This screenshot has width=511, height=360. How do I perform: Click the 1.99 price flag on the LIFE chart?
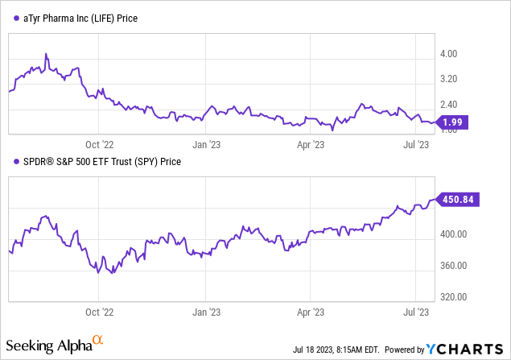pos(452,122)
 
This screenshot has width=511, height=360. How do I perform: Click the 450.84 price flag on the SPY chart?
pos(457,199)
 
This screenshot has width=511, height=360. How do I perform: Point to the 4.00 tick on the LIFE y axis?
pos(448,53)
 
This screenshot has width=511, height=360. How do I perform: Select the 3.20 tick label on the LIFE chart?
pos(448,79)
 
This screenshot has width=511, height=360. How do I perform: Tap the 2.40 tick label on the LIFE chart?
pos(448,105)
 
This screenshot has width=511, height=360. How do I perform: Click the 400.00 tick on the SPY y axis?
pos(453,234)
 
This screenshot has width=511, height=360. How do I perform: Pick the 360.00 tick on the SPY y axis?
pos(453,266)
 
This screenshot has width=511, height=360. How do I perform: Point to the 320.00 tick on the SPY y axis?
pos(453,296)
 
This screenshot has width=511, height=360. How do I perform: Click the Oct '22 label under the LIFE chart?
pos(100,144)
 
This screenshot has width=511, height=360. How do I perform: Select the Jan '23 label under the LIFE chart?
pos(206,144)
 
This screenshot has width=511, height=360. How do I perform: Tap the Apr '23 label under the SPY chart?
pos(311,312)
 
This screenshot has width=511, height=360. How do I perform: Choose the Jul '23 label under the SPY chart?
pos(416,312)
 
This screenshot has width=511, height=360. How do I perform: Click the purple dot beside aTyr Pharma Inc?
pos(16,19)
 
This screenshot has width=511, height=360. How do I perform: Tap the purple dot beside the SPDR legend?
pos(16,161)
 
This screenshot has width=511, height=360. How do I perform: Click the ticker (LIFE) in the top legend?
pos(102,19)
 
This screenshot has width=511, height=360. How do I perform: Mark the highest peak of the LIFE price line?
pos(46,54)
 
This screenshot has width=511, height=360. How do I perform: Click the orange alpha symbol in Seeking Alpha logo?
pos(97,340)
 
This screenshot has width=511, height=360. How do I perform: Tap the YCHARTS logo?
pos(464,349)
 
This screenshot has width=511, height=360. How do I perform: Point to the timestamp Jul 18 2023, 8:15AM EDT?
pos(336,350)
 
